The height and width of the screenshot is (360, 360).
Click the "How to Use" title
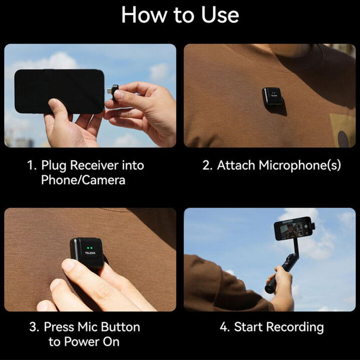[x=180, y=15]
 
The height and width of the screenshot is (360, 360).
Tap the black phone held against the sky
[x=59, y=91]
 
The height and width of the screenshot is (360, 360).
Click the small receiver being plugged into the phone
[x=115, y=93]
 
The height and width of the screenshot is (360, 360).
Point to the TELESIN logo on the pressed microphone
[x=89, y=253]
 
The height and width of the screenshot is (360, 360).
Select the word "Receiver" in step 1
[x=94, y=165]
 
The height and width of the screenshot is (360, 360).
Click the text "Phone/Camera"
[x=83, y=180]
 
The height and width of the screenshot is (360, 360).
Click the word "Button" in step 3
[x=121, y=327]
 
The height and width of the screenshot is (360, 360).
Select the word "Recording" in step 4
[x=295, y=327]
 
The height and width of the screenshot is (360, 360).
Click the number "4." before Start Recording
[x=225, y=327]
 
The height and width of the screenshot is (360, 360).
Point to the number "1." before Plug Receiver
[x=32, y=165]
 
